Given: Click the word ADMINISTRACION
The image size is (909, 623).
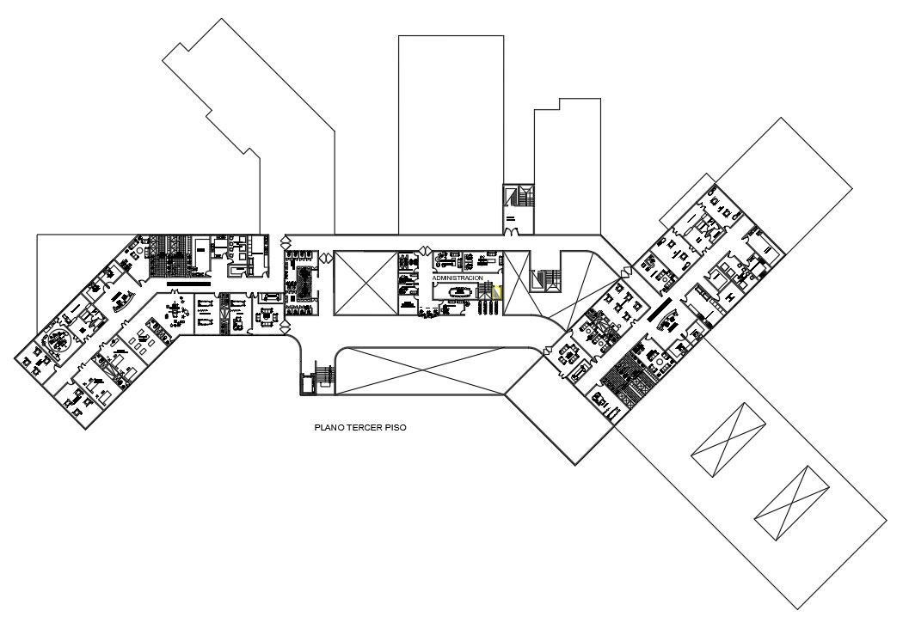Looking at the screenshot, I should pyautogui.click(x=458, y=278).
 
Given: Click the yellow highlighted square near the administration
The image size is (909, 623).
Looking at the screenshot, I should pyautogui.click(x=496, y=292).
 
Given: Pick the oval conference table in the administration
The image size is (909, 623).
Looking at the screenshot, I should pyautogui.click(x=456, y=292).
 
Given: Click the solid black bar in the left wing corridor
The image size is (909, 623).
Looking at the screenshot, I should pyautogui.click(x=188, y=283).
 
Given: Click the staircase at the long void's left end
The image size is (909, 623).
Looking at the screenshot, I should pyautogui.click(x=324, y=376).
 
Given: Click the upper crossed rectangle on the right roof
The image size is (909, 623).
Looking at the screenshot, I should pyautogui.click(x=728, y=440).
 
